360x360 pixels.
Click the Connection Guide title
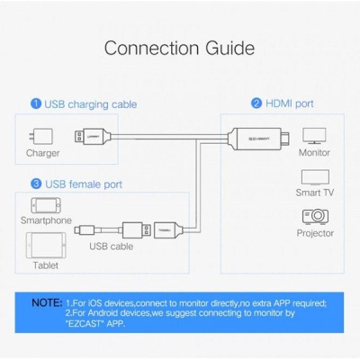pyautogui.click(x=179, y=47)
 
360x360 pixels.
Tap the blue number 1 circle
pyautogui.click(x=36, y=104)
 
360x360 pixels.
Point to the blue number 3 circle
pyautogui.click(x=36, y=184)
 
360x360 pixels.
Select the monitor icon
pyautogui.click(x=314, y=135)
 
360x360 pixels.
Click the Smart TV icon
pyautogui.click(x=314, y=177)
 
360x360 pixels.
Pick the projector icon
pyautogui.click(x=314, y=216)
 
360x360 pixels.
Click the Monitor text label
pyautogui.click(x=314, y=154)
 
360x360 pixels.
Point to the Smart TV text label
pyautogui.click(x=314, y=193)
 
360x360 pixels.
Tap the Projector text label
pyautogui.click(x=314, y=233)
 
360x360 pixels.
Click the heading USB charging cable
pyautogui.click(x=91, y=104)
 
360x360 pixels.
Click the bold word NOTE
pyautogui.click(x=47, y=303)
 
